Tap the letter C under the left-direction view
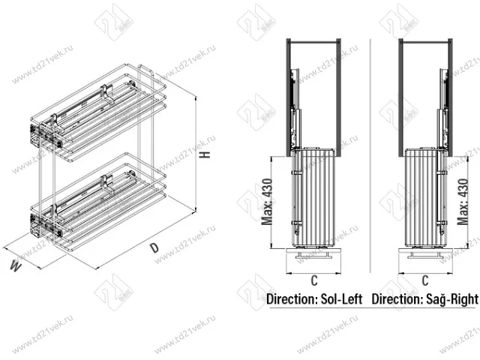click(x=316, y=280)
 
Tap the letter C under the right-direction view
click(x=424, y=280)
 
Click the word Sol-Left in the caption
click(x=339, y=299)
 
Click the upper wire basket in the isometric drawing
click(x=101, y=112)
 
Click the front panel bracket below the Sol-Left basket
click(x=316, y=255)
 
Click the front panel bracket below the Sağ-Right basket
click(x=424, y=255)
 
